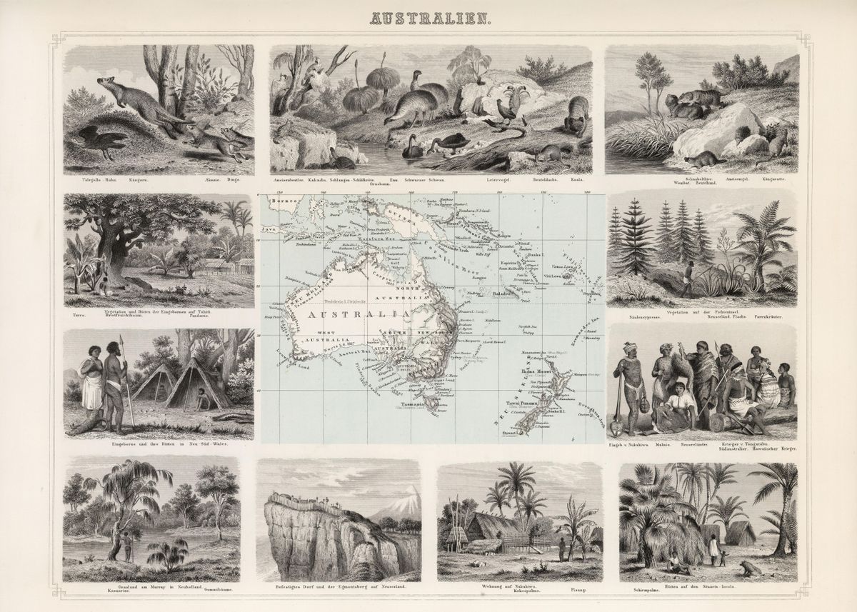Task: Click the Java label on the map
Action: (x=269, y=229)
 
